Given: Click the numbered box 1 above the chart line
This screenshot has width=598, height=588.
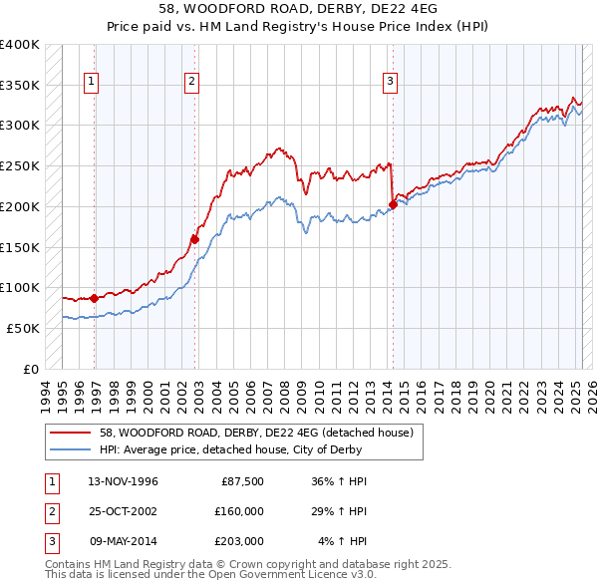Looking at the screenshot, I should coord(91,82).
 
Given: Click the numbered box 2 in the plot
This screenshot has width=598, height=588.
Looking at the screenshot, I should coord(190,82).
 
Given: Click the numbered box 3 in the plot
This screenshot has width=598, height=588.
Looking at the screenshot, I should coord(390,82).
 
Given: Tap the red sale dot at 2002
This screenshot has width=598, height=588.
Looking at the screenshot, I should coord(195,239).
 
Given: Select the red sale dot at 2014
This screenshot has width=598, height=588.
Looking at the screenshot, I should coord(393,205).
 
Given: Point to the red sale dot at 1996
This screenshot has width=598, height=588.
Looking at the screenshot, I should coord(95,298).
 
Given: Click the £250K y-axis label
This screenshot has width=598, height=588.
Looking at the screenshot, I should coord(19,166).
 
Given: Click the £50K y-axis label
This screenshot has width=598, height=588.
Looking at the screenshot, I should coord(22,328).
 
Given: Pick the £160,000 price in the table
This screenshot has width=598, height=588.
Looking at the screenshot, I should coord(239,511).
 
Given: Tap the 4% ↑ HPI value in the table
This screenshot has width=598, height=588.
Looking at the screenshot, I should coord(343,541).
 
